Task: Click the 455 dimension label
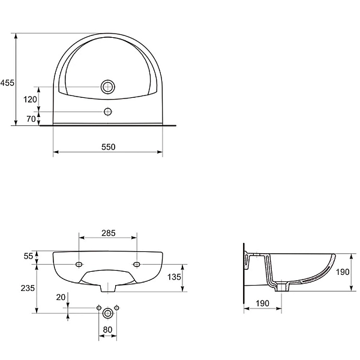click(x=7, y=83)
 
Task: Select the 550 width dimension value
click(x=109, y=147)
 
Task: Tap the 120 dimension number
click(x=30, y=100)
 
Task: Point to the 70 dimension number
click(x=31, y=119)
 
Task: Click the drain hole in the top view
click(x=107, y=86)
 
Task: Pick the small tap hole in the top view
click(x=107, y=112)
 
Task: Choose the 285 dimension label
click(x=109, y=233)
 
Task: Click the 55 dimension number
click(x=28, y=256)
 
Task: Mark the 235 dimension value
click(x=28, y=288)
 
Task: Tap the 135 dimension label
click(x=174, y=277)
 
